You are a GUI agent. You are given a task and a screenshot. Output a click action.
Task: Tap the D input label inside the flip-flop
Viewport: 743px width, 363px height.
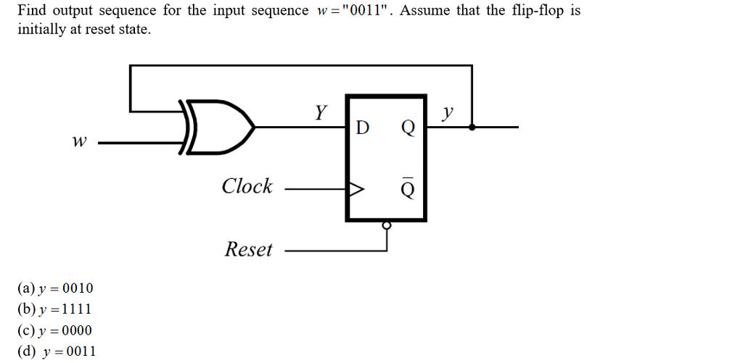pyautogui.click(x=364, y=128)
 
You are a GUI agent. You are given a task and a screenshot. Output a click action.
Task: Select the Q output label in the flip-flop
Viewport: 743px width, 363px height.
pyautogui.click(x=408, y=128)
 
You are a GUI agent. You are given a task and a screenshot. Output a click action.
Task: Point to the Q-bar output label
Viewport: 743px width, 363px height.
pyautogui.click(x=408, y=190)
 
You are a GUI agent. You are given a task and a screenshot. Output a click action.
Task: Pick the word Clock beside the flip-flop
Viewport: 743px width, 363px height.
pyautogui.click(x=247, y=186)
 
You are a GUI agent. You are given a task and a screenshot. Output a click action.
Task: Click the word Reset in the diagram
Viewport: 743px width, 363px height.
pyautogui.click(x=249, y=250)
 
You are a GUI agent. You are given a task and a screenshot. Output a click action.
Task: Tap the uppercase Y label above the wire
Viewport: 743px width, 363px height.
pyautogui.click(x=321, y=112)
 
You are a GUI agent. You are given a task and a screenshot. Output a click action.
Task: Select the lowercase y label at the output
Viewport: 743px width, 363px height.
pyautogui.click(x=449, y=112)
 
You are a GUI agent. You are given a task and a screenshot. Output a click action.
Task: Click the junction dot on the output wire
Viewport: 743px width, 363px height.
pyautogui.click(x=472, y=127)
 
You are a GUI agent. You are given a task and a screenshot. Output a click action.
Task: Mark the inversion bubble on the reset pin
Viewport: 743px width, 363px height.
pyautogui.click(x=387, y=225)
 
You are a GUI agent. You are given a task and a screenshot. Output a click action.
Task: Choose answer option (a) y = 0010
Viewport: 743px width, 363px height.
pyautogui.click(x=55, y=288)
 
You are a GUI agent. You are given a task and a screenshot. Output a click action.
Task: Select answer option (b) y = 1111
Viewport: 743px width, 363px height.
pyautogui.click(x=55, y=309)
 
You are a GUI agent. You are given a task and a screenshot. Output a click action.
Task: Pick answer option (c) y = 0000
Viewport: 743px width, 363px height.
pyautogui.click(x=55, y=330)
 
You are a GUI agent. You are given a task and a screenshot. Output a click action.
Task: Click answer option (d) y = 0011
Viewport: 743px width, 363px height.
pyautogui.click(x=57, y=351)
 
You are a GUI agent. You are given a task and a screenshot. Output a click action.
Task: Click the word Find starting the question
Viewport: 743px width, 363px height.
pyautogui.click(x=31, y=11)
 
